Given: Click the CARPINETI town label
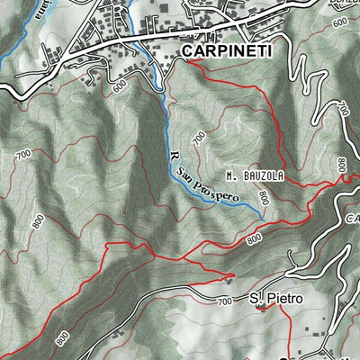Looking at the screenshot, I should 226,52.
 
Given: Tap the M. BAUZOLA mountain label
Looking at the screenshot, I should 255,176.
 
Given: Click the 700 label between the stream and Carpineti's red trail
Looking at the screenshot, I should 199,138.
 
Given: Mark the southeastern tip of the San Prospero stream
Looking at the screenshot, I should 261,217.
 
